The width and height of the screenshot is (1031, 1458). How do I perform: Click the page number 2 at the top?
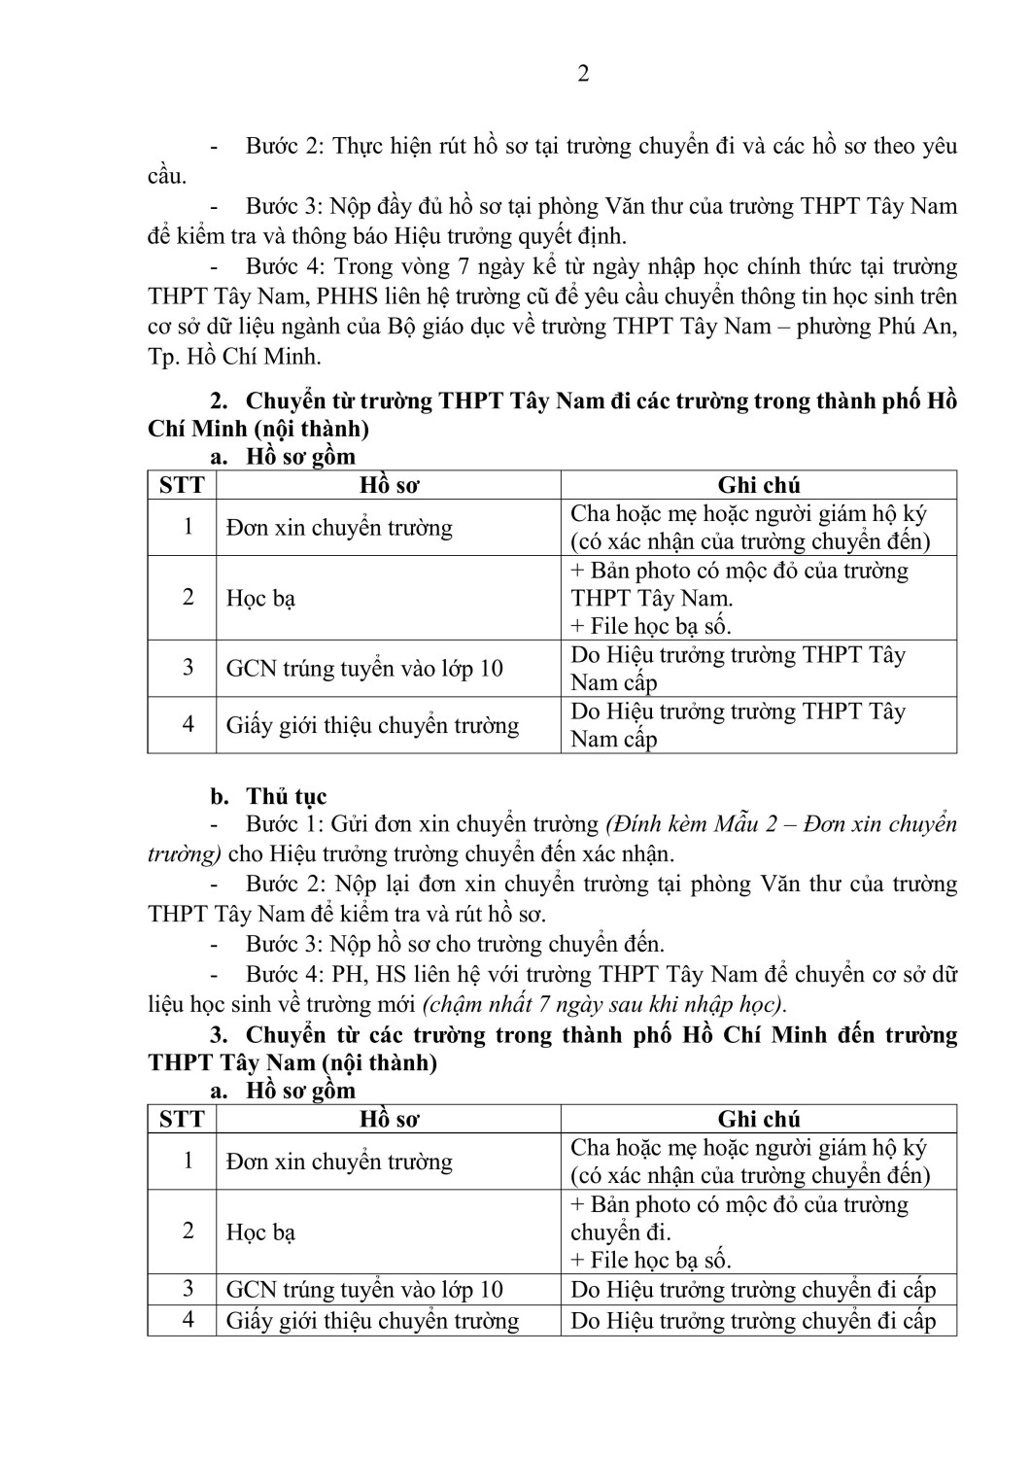[x=583, y=74]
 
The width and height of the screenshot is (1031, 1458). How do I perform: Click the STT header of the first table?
[x=182, y=485]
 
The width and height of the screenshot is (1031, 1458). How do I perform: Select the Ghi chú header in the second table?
[x=759, y=1119]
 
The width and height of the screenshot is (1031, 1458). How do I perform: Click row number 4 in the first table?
[x=189, y=724]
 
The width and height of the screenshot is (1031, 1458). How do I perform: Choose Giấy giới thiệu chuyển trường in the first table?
[x=372, y=726]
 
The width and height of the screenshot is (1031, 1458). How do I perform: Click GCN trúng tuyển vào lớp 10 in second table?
[x=364, y=1290]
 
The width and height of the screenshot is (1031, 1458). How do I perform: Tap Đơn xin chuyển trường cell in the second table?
[x=339, y=1163]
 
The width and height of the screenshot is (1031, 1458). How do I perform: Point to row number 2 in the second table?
[x=189, y=1231]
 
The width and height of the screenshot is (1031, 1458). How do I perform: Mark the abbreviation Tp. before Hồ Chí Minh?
[x=163, y=357]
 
